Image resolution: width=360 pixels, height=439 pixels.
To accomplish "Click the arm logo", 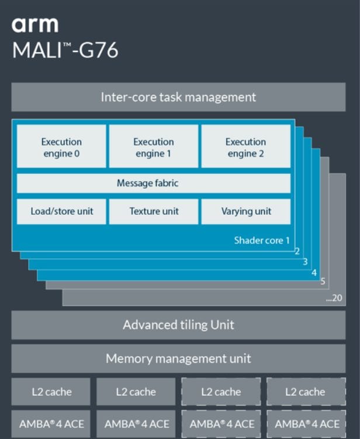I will [35, 25].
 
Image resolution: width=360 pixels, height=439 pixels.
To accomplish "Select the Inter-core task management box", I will [178, 97].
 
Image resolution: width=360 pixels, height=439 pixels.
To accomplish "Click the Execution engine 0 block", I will [61, 147].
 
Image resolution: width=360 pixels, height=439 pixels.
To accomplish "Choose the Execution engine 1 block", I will [154, 147].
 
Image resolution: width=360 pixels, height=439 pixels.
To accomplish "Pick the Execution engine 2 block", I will [245, 147].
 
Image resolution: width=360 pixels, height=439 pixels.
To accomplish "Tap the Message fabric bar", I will [153, 183].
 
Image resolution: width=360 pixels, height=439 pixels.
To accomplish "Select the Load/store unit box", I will [61, 211].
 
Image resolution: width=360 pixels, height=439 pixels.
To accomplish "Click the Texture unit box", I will [154, 211].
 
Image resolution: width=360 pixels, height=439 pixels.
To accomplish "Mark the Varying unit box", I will [245, 211].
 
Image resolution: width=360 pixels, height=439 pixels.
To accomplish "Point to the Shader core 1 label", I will [262, 240].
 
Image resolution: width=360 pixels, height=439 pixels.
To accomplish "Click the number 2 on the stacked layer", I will [297, 252].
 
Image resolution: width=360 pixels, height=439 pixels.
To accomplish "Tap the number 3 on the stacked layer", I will [306, 262].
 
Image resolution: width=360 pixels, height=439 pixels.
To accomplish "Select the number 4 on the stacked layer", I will [314, 272].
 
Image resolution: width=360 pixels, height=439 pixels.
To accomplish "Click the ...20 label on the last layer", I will [334, 298].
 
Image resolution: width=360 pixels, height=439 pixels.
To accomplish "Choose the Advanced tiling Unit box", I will [178, 325].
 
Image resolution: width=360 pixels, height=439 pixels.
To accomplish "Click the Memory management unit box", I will [178, 358].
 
